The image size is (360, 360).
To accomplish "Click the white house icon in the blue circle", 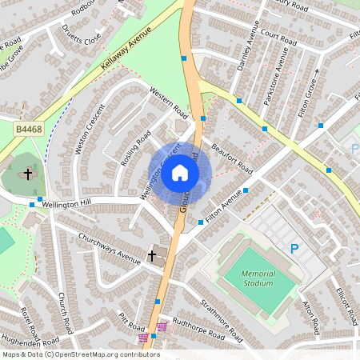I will [x=180, y=173].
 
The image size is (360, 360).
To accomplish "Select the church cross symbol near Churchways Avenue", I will [x=153, y=256].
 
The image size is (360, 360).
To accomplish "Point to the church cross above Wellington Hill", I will [x=28, y=173].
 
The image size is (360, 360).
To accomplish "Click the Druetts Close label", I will [x=82, y=37].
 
